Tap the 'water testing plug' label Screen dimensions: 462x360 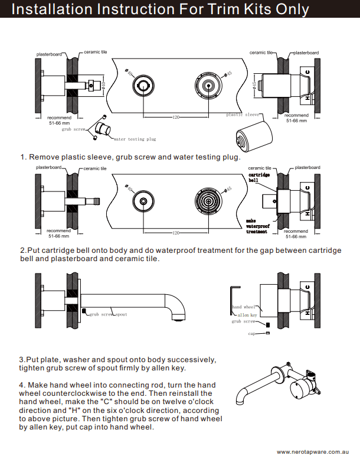click(135, 139)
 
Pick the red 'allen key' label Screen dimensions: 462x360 click(247, 315)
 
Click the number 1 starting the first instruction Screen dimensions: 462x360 click(22, 157)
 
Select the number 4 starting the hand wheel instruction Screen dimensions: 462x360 click(21, 385)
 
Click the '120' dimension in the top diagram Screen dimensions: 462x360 click(175, 118)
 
